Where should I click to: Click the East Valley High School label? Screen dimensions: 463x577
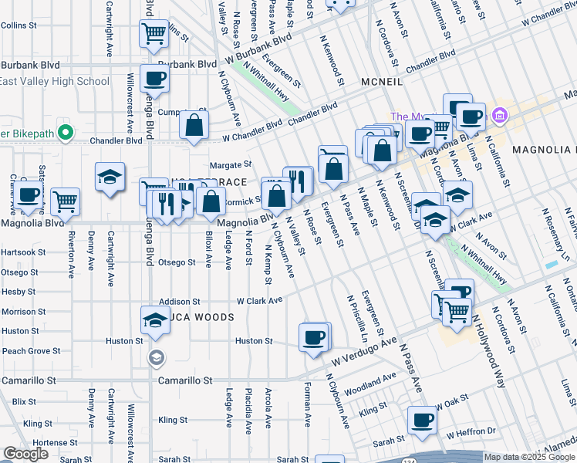55,81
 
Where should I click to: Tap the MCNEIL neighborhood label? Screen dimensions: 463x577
383,81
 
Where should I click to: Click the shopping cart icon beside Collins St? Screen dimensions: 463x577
154,34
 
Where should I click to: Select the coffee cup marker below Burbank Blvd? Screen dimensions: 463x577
154,80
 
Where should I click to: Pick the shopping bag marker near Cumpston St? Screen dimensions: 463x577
194,125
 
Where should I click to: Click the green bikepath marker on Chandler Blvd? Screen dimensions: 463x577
65,133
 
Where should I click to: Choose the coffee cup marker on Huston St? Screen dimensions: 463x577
314,338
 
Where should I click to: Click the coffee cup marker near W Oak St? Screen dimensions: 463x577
422,421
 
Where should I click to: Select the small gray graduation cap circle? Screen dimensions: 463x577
157,357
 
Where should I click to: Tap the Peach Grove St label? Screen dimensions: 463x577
31,351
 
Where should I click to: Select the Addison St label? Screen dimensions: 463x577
179,302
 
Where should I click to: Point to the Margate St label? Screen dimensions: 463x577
231,164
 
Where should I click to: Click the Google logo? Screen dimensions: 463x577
26,454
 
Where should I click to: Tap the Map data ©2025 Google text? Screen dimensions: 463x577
529,457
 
